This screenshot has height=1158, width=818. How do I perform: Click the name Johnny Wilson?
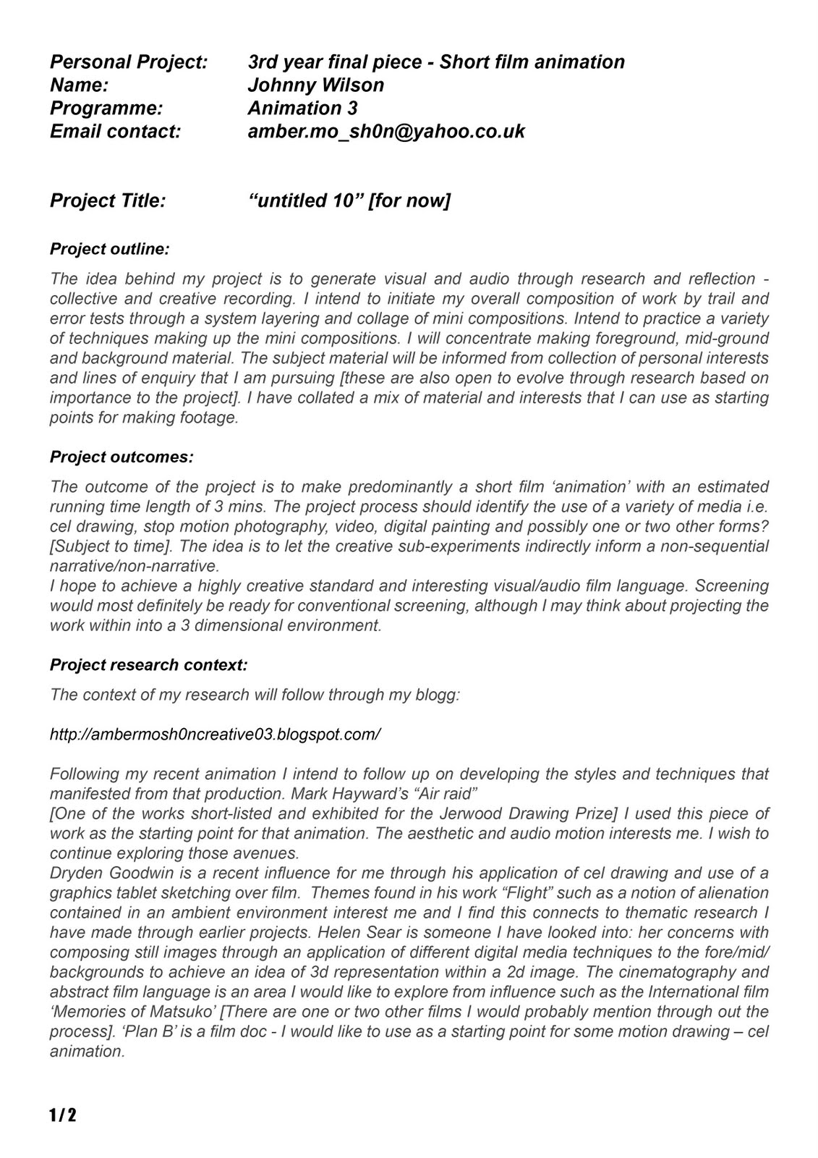tap(315, 85)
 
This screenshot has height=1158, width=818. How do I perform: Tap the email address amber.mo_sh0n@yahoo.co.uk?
tap(385, 131)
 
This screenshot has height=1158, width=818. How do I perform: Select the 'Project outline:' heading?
tap(109, 249)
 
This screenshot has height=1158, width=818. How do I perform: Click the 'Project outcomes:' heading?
tap(122, 457)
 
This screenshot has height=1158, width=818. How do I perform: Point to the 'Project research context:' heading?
tap(148, 664)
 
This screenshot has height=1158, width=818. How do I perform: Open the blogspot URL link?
tap(215, 734)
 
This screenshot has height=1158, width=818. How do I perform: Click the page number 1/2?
tap(63, 1115)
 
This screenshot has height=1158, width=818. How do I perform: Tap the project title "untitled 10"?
tap(304, 200)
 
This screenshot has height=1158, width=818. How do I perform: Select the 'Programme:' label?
tap(106, 108)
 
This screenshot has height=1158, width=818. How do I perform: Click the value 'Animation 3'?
tap(302, 108)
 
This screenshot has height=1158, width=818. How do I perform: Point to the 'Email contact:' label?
tap(115, 131)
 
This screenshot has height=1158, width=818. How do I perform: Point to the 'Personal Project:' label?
tap(129, 62)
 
